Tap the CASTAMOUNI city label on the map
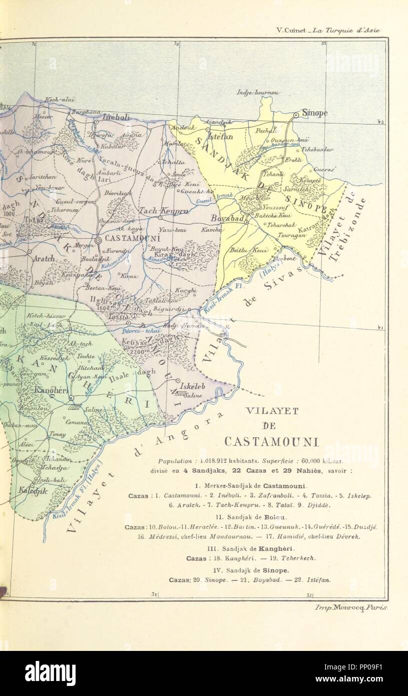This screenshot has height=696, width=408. tap(131, 239)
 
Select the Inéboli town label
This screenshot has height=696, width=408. tap(117, 117)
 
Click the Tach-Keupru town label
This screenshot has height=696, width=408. tap(160, 211)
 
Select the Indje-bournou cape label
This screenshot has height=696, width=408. tap(258, 93)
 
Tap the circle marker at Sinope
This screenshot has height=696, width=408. tap(296, 115)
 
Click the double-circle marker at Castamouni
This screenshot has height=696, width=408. tap(98, 240)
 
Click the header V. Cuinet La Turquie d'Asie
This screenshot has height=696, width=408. tap(328, 30)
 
